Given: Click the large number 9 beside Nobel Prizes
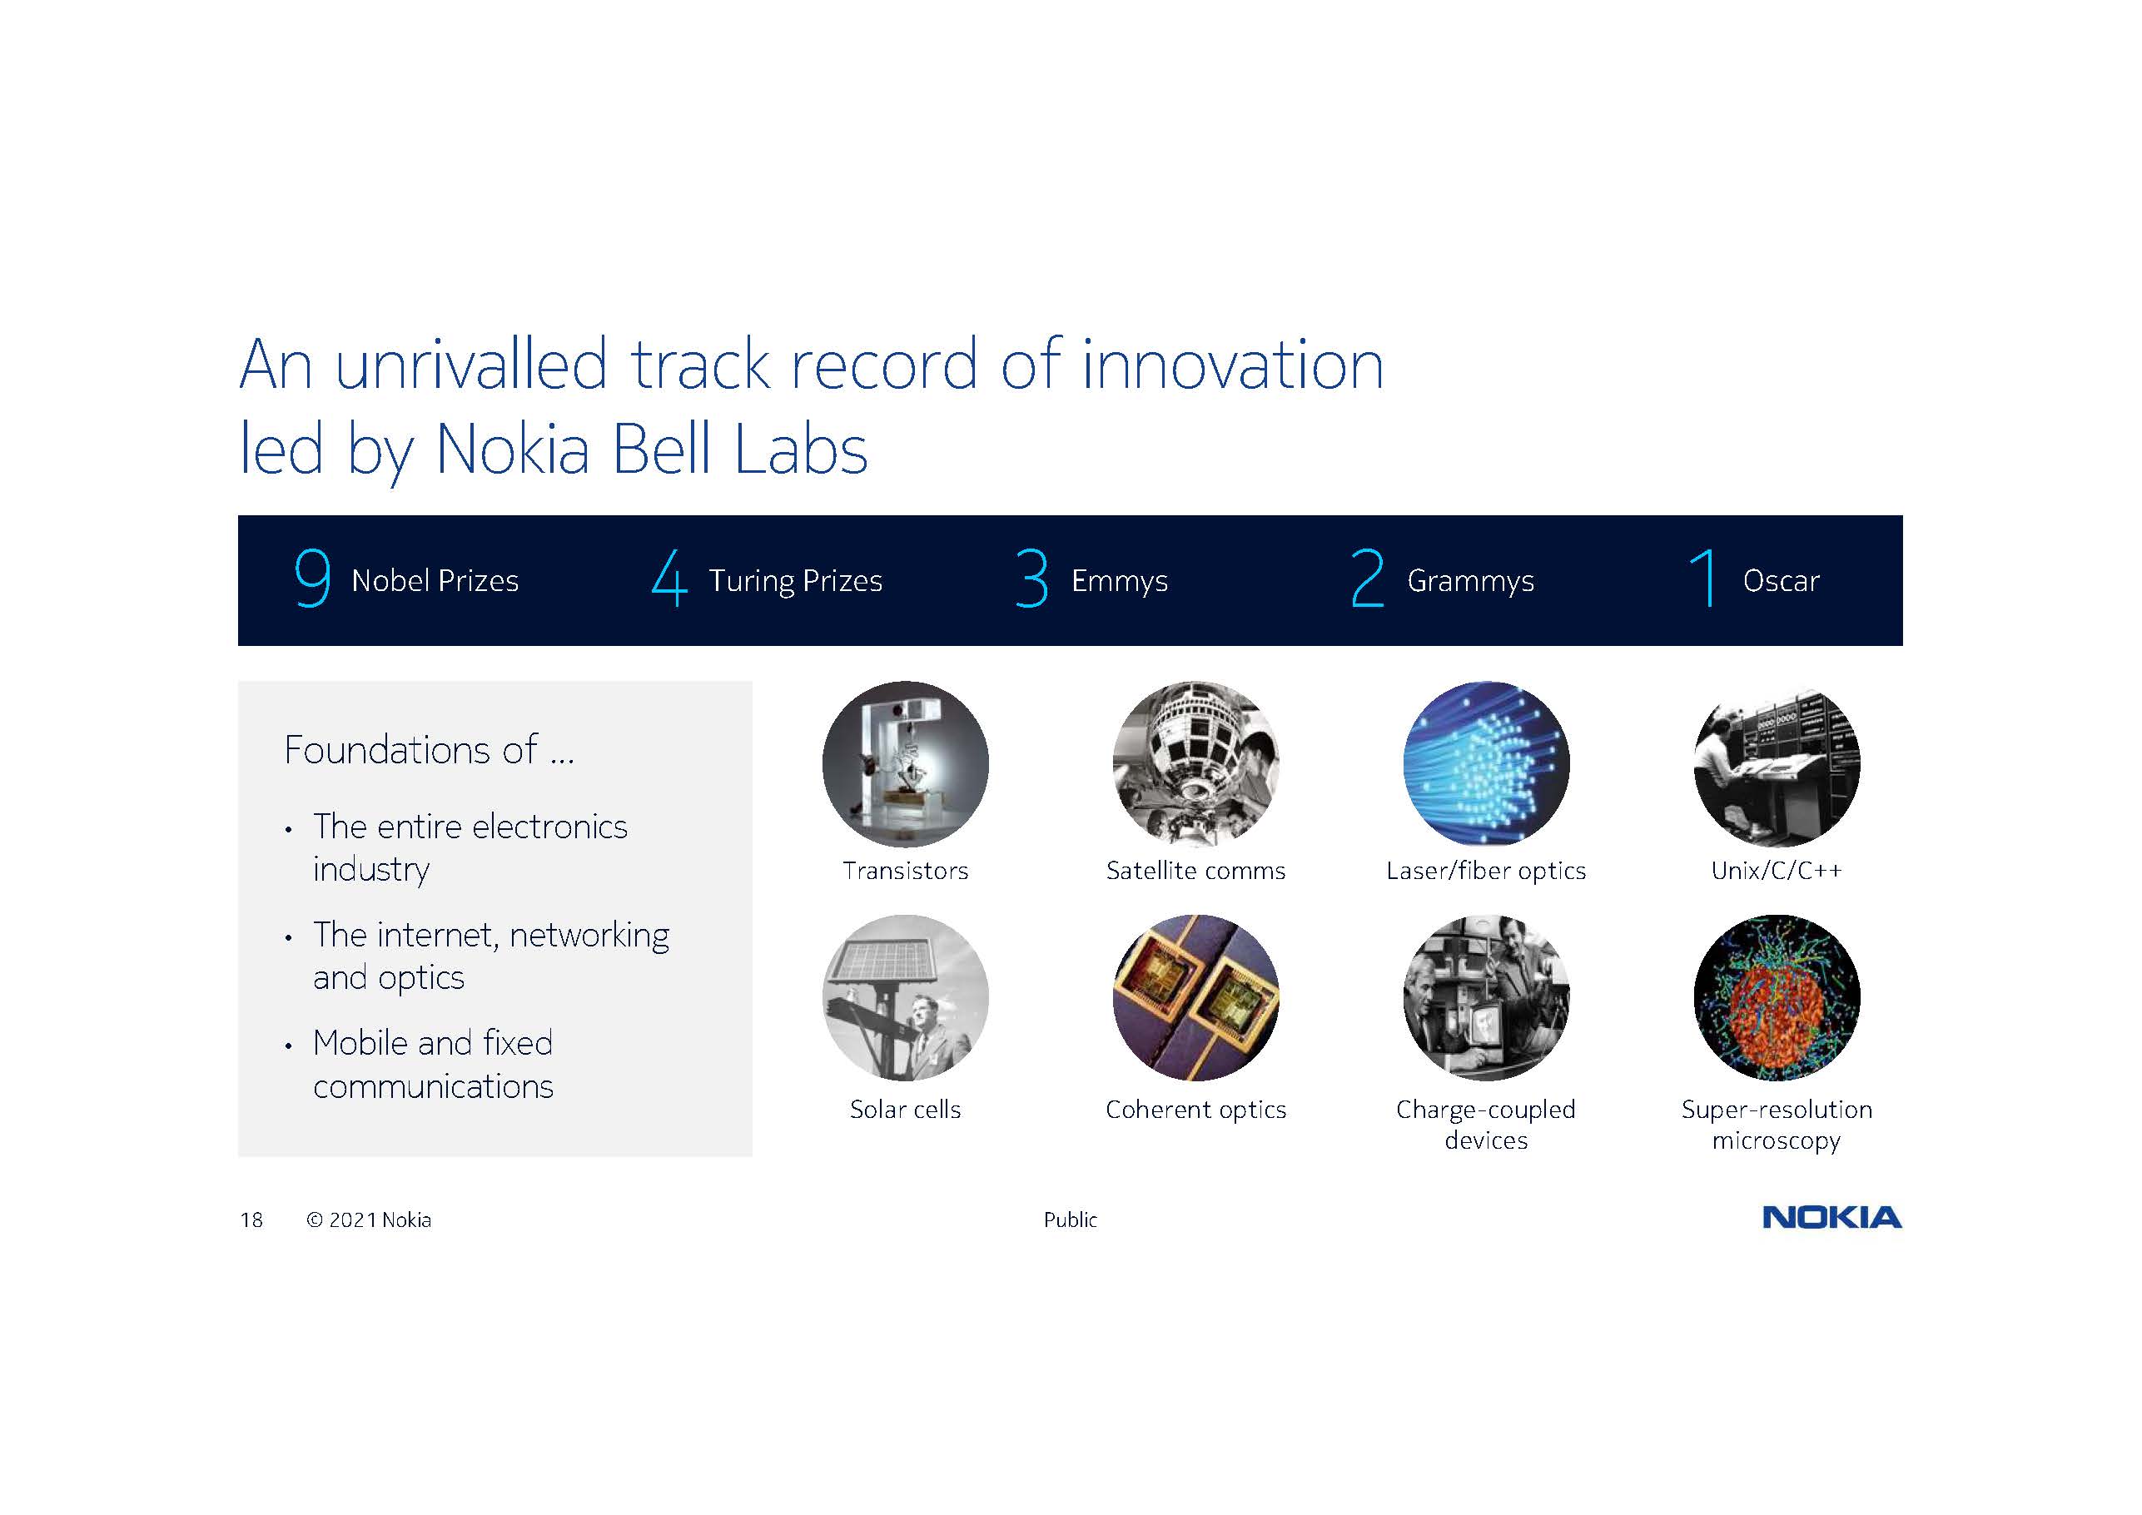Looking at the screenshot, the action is pyautogui.click(x=312, y=578).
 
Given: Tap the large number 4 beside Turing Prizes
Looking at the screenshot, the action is pyautogui.click(x=670, y=578).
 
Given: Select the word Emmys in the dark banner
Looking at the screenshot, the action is pyautogui.click(x=1119, y=581).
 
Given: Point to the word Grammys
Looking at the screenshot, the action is pyautogui.click(x=1470, y=581).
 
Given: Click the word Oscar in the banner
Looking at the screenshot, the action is pyautogui.click(x=1781, y=581).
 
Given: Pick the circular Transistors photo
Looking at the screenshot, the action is pyautogui.click(x=905, y=764).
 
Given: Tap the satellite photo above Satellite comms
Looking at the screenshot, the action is pyautogui.click(x=1196, y=764).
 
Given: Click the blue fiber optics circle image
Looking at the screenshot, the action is pyautogui.click(x=1486, y=764).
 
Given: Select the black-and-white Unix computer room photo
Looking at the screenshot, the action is pyautogui.click(x=1777, y=764).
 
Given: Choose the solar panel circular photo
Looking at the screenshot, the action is pyautogui.click(x=905, y=997).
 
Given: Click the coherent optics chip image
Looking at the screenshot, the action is pyautogui.click(x=1196, y=997).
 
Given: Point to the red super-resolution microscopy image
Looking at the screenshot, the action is pyautogui.click(x=1777, y=997).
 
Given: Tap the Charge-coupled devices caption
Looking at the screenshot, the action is pyautogui.click(x=1486, y=1124).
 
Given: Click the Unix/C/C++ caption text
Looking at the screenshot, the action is pyautogui.click(x=1777, y=871).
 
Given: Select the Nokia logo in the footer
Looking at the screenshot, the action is pyautogui.click(x=1832, y=1217).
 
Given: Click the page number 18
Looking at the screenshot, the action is pyautogui.click(x=252, y=1220).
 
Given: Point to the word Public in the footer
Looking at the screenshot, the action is pyautogui.click(x=1070, y=1219).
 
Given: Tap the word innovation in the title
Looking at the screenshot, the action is pyautogui.click(x=1232, y=365).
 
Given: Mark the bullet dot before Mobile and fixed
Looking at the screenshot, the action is pyautogui.click(x=288, y=1046).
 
